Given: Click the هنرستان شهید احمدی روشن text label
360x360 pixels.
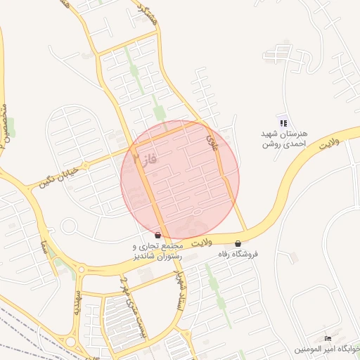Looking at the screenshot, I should click(283, 139).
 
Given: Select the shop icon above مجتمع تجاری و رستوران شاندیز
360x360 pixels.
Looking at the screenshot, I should click(157, 235).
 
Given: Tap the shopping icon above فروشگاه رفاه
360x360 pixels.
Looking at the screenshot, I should click(238, 243).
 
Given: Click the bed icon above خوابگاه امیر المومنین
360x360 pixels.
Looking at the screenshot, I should click(328, 339).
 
